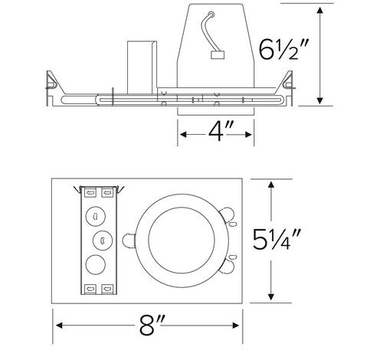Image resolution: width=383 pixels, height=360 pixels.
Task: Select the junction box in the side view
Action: [x=139, y=64]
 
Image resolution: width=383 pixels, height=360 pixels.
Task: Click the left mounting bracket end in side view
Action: [x=51, y=84]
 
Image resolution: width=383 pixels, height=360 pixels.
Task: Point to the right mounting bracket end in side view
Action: [x=290, y=84]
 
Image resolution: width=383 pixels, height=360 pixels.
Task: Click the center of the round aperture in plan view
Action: [x=180, y=240]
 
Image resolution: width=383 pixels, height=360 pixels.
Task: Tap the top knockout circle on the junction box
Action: [x=97, y=215]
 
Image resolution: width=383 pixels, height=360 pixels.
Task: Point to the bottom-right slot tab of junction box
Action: [x=107, y=289]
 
